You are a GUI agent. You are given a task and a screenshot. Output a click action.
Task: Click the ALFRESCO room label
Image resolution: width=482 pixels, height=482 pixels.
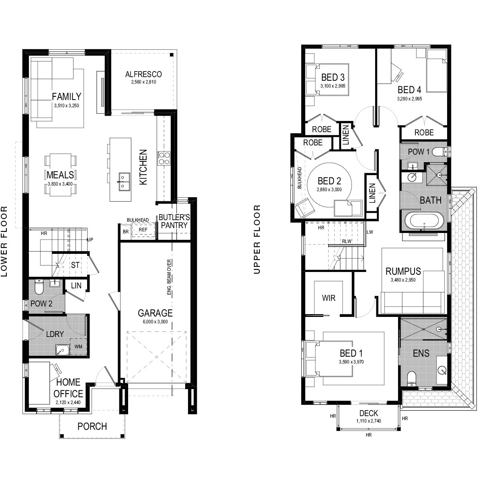pyautogui.click(x=143, y=74)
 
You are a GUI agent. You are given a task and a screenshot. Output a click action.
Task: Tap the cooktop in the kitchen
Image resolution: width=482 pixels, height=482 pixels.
pyautogui.click(x=164, y=158)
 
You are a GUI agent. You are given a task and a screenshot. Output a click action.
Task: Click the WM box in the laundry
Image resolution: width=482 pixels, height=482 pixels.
pyautogui.click(x=79, y=346)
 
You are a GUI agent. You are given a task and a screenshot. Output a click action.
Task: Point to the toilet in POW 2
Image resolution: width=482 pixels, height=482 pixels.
pyautogui.click(x=39, y=288)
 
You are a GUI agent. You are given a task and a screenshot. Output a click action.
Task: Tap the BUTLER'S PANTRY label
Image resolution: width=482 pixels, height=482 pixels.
pyautogui.click(x=174, y=221)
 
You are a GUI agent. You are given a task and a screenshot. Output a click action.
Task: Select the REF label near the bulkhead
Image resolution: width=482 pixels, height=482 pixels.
pyautogui.click(x=143, y=229)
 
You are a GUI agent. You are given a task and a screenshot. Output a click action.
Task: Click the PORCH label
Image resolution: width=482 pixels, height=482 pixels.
pyautogui.click(x=92, y=426)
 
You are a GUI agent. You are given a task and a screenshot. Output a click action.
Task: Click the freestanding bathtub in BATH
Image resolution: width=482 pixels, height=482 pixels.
pyautogui.click(x=424, y=221)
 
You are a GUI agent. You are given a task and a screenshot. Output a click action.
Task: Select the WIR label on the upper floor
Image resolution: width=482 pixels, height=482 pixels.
pyautogui.click(x=329, y=298)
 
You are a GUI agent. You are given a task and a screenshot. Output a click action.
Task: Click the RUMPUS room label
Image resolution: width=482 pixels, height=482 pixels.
pyautogui.click(x=403, y=271)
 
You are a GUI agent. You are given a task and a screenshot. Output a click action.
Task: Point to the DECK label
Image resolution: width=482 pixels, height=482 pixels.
pyautogui.click(x=368, y=413)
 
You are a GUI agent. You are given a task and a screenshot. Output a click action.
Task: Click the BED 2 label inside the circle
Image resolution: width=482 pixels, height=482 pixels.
pyautogui.click(x=329, y=181)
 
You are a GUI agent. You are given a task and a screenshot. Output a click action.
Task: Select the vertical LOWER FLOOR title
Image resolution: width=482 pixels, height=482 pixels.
pyautogui.click(x=4, y=241)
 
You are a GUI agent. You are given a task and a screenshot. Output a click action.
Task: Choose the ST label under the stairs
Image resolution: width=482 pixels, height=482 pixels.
pyautogui.click(x=75, y=265)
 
